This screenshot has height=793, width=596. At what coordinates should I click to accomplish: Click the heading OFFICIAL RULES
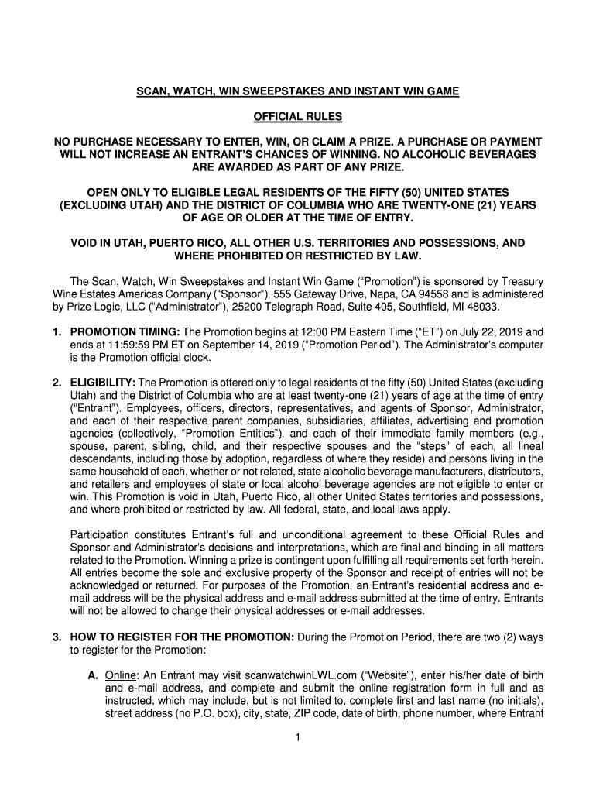pyautogui.click(x=298, y=117)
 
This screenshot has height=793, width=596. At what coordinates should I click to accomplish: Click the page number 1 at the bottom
pyautogui.click(x=298, y=737)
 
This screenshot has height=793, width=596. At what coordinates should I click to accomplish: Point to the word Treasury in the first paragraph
pyautogui.click(x=521, y=281)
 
